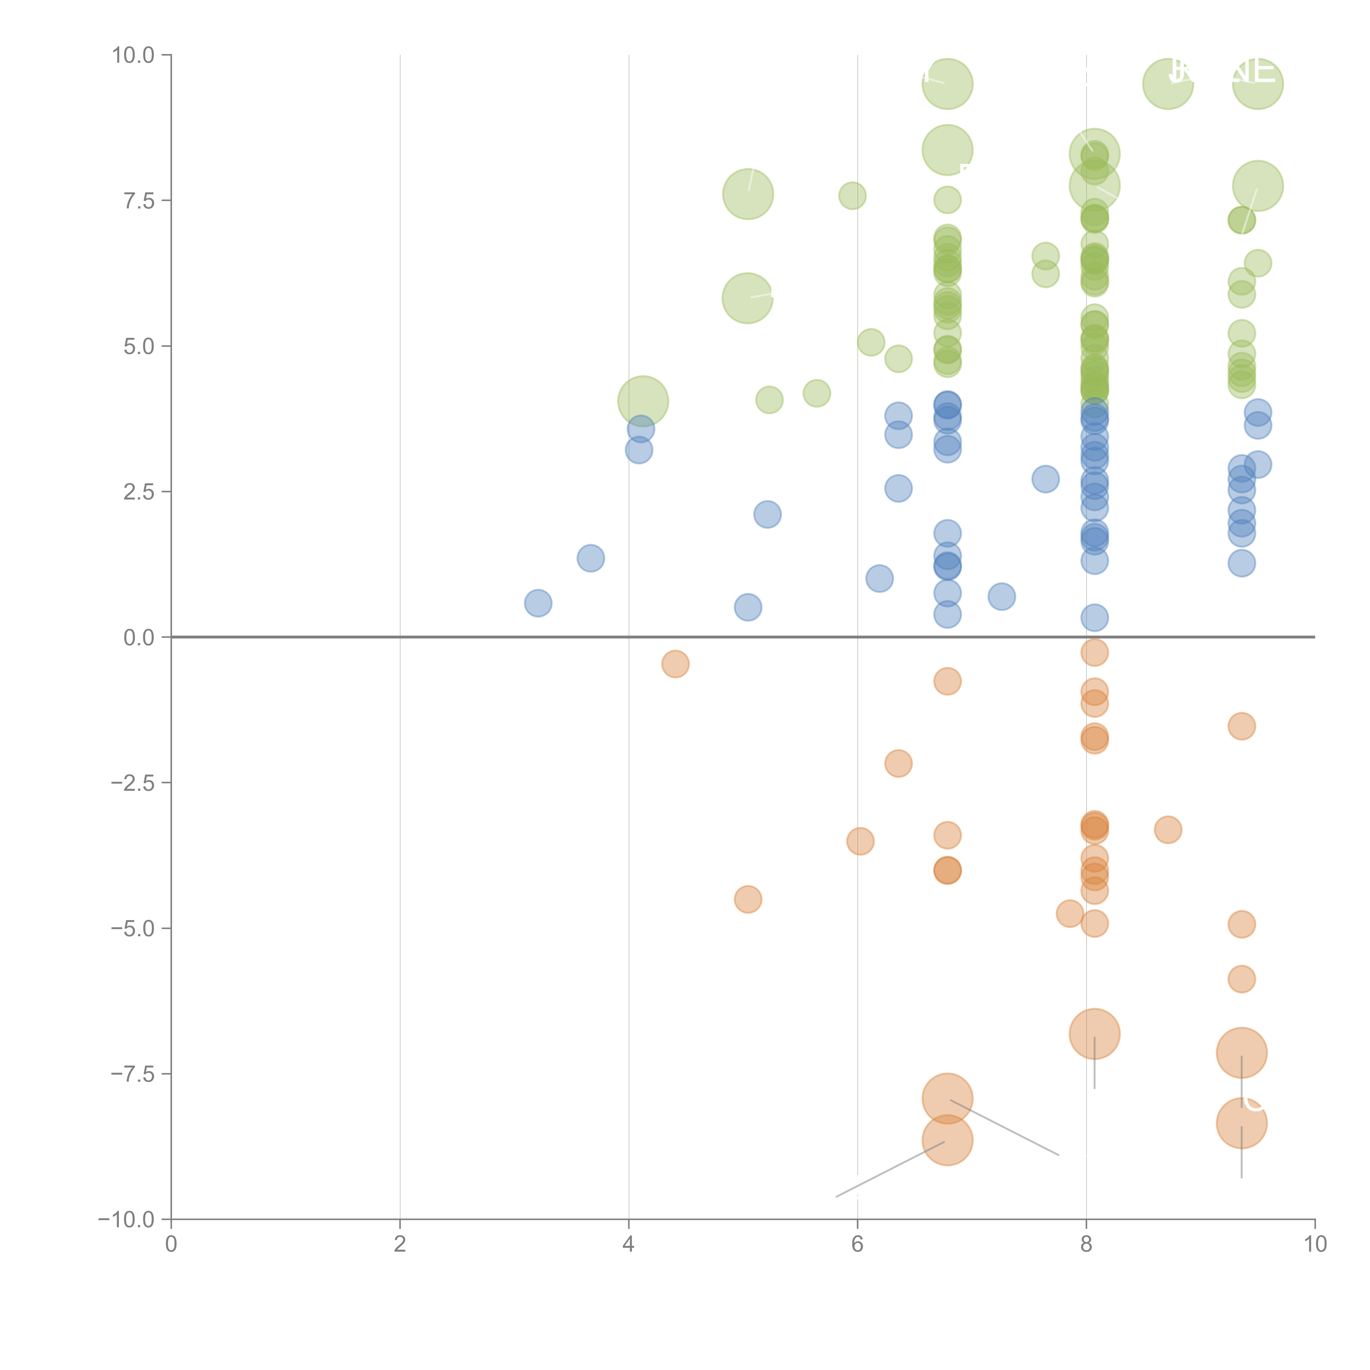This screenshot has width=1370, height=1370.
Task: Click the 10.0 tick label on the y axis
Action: [x=133, y=55]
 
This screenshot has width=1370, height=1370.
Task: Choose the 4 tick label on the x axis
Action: [x=628, y=1245]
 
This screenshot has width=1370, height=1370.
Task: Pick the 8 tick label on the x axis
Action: [x=1086, y=1245]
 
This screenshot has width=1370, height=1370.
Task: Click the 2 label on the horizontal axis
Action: [x=400, y=1245]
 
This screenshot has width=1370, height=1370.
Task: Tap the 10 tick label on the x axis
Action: [x=1315, y=1245]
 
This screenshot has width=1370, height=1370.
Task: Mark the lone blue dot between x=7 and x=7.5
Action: [x=1001, y=596]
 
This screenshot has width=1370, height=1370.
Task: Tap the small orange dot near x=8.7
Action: [x=1168, y=830]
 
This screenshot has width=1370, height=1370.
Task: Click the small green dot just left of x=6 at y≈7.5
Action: [x=852, y=196]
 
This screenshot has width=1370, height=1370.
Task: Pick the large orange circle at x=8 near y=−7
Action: [x=1094, y=1034]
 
